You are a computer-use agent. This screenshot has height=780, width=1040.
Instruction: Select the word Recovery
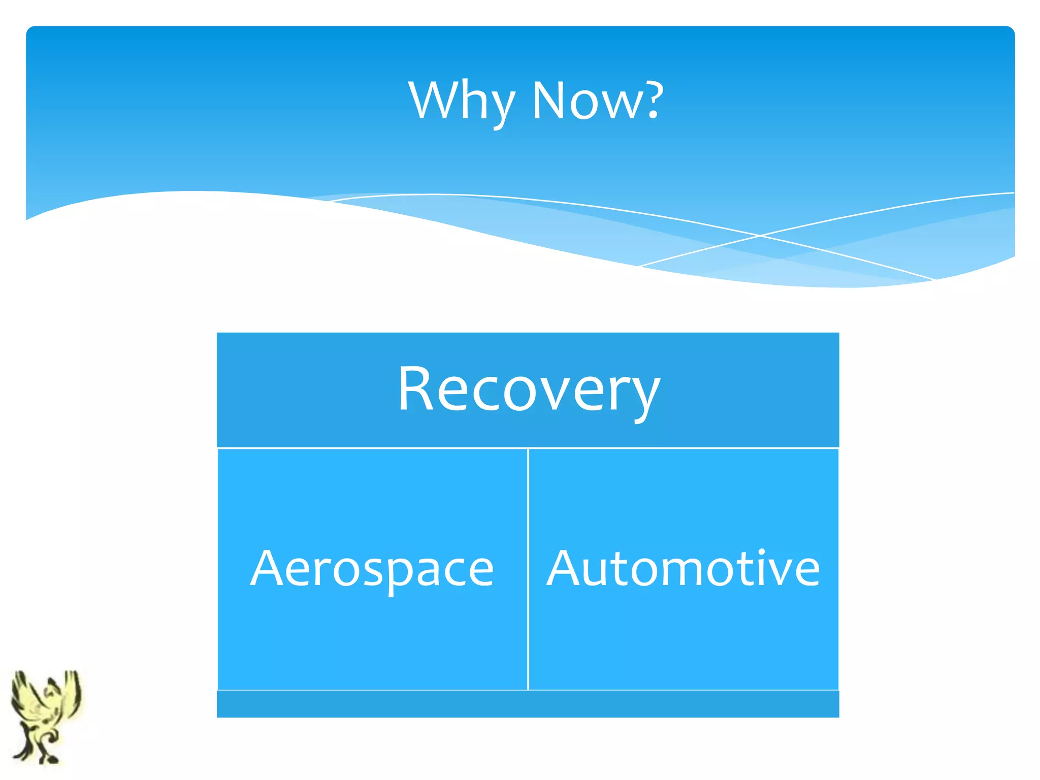point(528,390)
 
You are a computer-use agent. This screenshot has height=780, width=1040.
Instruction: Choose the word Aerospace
point(372,569)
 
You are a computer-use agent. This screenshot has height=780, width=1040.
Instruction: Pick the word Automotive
point(683,569)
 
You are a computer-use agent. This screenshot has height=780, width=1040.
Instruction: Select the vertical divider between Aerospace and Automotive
point(528,569)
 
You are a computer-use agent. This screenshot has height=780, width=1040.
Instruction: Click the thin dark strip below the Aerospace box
point(372,704)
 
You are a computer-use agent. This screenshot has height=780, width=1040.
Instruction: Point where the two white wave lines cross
point(760,236)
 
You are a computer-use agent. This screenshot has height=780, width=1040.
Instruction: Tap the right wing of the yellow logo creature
point(71,691)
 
